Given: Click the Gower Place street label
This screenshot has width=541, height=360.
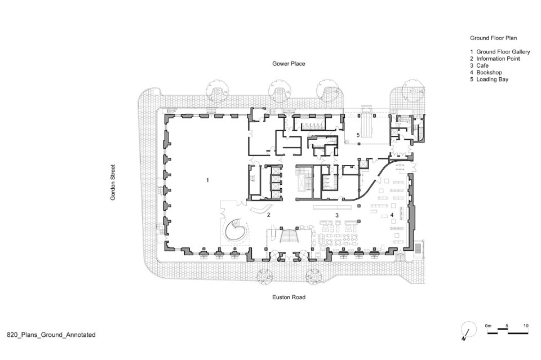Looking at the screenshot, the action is click(x=289, y=64).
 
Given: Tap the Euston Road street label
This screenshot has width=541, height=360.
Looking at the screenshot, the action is click(x=289, y=297).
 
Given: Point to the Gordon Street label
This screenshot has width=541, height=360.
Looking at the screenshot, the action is click(x=113, y=183).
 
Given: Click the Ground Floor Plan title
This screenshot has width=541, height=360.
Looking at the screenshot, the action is click(x=494, y=38).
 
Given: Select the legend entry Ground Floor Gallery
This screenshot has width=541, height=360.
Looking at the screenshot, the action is click(x=503, y=52).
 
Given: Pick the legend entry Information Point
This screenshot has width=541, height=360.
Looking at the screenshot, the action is click(x=498, y=59).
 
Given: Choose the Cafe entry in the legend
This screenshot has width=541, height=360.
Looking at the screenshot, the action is click(x=482, y=65).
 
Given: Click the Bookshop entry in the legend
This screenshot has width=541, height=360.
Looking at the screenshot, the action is click(x=489, y=73).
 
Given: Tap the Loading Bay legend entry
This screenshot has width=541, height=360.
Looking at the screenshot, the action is click(x=493, y=79).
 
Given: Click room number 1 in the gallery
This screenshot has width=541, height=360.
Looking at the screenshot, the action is click(x=207, y=180).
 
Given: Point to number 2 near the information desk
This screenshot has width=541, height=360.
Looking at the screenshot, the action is click(x=268, y=215).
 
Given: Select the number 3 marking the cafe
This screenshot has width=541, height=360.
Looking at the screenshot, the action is click(x=337, y=215).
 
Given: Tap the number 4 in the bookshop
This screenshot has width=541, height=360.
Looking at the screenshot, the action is click(x=392, y=215).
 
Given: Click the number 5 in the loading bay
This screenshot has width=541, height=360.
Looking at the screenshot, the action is click(x=358, y=135).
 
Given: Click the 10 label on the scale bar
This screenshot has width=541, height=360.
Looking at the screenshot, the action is click(x=526, y=326).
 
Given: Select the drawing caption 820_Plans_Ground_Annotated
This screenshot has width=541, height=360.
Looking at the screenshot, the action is click(x=51, y=335).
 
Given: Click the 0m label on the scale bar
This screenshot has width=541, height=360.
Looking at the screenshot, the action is click(x=488, y=326).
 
